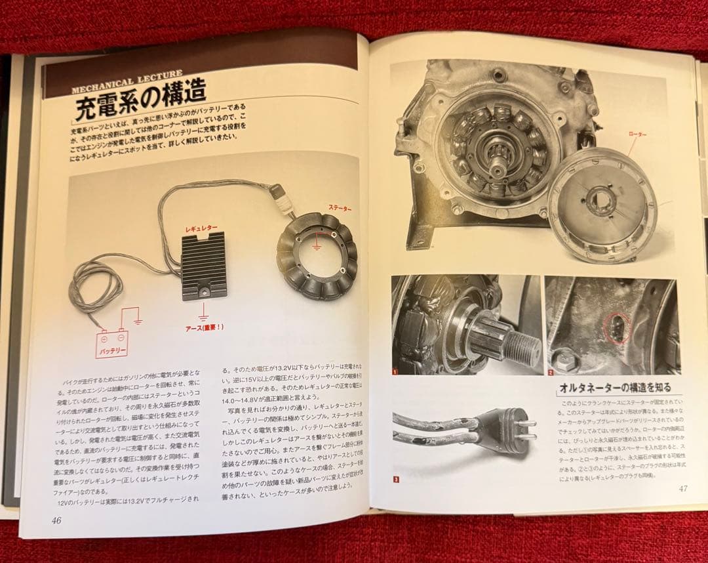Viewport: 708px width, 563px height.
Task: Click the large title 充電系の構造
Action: click(140, 102)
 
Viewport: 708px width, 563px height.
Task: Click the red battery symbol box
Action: click(112, 339)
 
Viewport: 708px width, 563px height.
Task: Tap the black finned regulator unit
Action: click(204, 265)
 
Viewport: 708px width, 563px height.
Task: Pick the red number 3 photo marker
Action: click(396, 479)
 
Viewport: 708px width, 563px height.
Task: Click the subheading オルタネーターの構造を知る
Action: click(614, 388)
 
